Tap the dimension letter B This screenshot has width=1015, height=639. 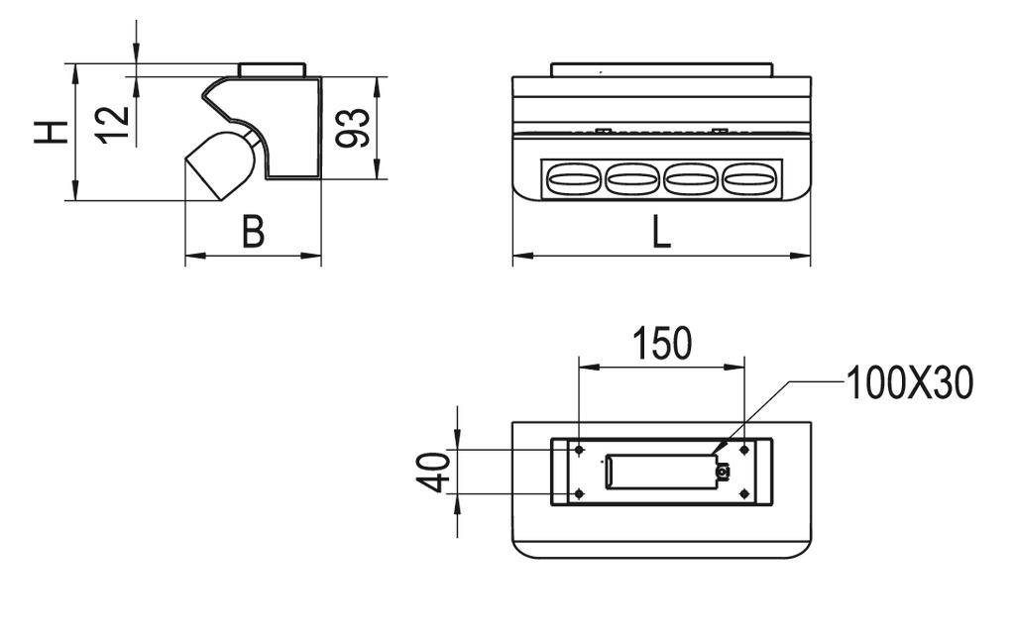click(x=254, y=232)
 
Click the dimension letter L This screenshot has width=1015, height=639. click(x=661, y=232)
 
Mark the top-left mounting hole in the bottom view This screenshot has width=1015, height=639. click(x=579, y=450)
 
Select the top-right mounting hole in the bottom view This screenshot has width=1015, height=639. click(x=743, y=450)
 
